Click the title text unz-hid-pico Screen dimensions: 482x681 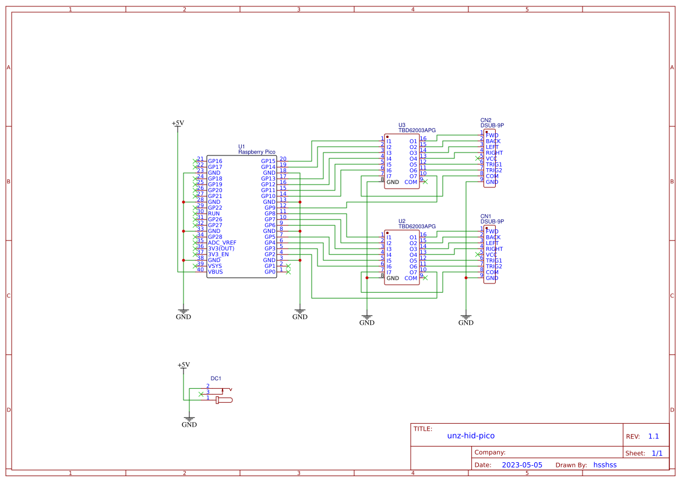[471, 435]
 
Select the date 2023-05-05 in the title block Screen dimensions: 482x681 [522, 465]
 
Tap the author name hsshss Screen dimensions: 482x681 [605, 465]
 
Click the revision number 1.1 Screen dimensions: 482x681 [653, 437]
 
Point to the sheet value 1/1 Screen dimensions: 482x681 [657, 453]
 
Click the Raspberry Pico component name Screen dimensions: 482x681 [256, 152]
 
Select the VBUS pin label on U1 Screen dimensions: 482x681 [215, 272]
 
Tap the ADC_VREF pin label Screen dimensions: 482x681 [222, 243]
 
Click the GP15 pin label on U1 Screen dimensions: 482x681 [268, 161]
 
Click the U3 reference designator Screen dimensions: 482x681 [402, 125]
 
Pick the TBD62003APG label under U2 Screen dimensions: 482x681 [417, 226]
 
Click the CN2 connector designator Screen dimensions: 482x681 [486, 120]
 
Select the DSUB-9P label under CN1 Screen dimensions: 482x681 [492, 221]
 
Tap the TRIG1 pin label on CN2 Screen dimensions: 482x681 [493, 165]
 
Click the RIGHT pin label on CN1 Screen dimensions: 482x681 [494, 249]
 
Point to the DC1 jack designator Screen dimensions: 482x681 [216, 378]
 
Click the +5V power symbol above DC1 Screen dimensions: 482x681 [184, 365]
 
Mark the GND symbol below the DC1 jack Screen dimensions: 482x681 [189, 424]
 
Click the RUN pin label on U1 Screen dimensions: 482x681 [213, 214]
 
